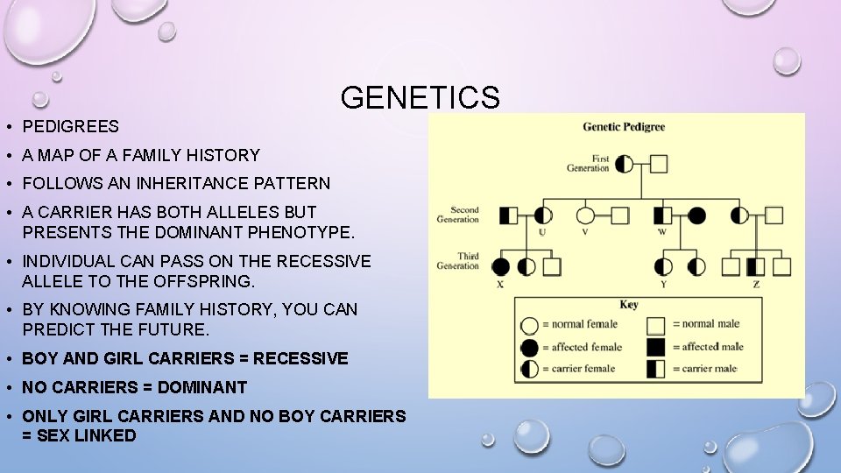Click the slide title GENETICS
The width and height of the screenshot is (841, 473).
pyautogui.click(x=420, y=97)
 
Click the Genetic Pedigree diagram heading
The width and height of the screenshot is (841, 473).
pyautogui.click(x=624, y=127)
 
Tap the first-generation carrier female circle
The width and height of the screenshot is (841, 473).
pyautogui.click(x=625, y=164)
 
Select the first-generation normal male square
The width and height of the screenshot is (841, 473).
pyautogui.click(x=659, y=164)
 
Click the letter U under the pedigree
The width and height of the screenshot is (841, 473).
pyautogui.click(x=542, y=232)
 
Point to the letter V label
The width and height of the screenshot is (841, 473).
pyautogui.click(x=585, y=232)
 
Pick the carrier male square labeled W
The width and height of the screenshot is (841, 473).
pyautogui.click(x=663, y=215)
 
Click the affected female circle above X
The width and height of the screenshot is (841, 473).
pyautogui.click(x=501, y=266)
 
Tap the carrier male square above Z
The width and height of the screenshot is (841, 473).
pyautogui.click(x=756, y=266)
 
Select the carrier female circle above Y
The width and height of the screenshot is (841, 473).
pyautogui.click(x=663, y=266)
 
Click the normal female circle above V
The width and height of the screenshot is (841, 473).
pyautogui.click(x=585, y=215)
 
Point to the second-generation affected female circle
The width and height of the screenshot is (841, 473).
pyautogui.click(x=696, y=215)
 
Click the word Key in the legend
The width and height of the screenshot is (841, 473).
pyautogui.click(x=628, y=305)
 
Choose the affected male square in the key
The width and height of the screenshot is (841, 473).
pyautogui.click(x=655, y=347)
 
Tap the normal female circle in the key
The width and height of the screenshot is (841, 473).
pyautogui.click(x=529, y=326)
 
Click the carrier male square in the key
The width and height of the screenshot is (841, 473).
pyautogui.click(x=655, y=369)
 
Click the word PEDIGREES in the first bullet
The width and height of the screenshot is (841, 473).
pyautogui.click(x=70, y=127)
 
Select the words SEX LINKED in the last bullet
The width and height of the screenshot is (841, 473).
pyautogui.click(x=85, y=435)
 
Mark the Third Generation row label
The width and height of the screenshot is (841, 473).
pyautogui.click(x=458, y=261)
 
